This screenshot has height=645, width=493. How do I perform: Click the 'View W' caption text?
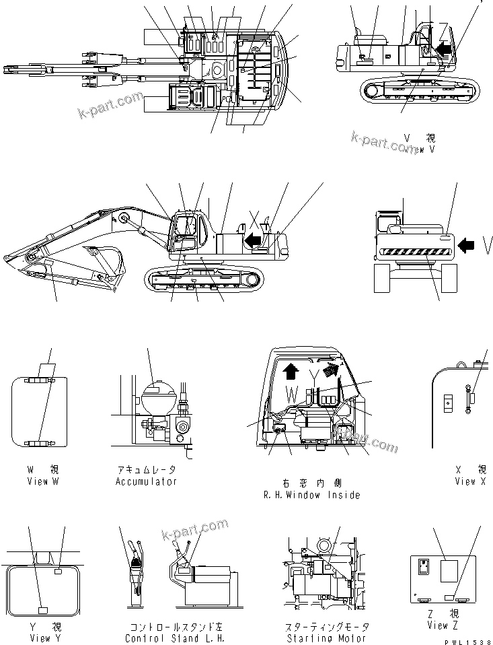(38, 481)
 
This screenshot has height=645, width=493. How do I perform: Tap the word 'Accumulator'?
(146, 481)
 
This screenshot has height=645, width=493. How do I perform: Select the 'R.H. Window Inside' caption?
(311, 495)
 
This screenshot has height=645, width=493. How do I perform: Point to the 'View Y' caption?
(40, 638)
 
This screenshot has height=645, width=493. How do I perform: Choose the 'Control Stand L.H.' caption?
(174, 638)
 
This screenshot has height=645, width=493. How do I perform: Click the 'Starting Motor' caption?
(327, 638)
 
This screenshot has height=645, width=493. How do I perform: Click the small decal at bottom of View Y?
(42, 610)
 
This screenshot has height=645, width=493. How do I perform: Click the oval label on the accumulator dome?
(155, 386)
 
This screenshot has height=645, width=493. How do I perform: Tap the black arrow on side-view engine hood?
(252, 238)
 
